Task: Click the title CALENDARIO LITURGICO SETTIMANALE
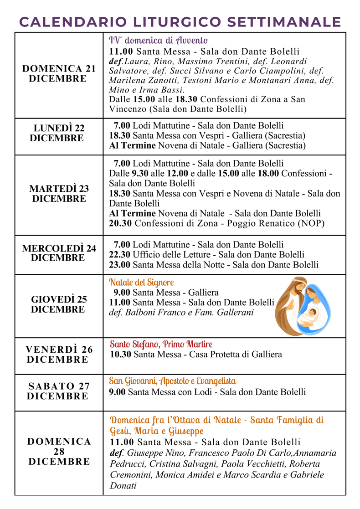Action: coord(180,21)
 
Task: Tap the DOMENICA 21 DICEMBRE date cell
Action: coord(59,74)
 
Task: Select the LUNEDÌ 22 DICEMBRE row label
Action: coord(59,133)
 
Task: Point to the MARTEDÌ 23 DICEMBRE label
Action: coord(59,194)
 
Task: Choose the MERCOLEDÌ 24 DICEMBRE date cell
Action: coord(59,253)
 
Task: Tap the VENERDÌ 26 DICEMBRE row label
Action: coord(59,355)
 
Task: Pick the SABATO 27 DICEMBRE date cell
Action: coord(59,391)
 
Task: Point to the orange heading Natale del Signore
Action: coord(141,282)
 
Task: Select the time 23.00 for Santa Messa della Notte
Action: coord(119,265)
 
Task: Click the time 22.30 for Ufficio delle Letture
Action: coord(119,254)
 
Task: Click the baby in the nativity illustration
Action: coord(311,314)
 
